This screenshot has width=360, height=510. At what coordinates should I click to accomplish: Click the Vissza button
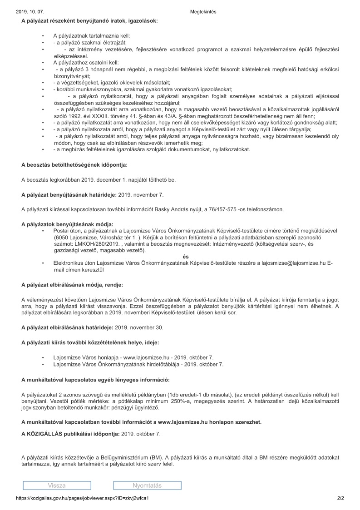[x=56, y=485]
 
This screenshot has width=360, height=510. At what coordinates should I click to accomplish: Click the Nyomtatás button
[x=147, y=485]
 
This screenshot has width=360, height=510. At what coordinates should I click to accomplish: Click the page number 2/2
[x=340, y=498]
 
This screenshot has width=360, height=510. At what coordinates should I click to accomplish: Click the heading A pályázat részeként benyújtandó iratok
[x=89, y=21]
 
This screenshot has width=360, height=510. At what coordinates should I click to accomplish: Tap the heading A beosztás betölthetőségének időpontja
[x=74, y=164]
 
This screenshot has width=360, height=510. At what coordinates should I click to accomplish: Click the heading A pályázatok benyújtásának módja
[x=67, y=224]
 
